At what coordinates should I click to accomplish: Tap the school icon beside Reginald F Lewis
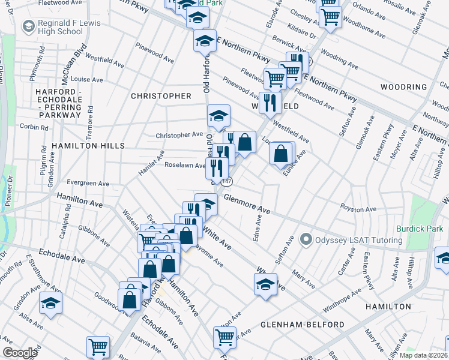[28, 26]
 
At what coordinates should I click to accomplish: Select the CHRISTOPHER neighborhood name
[161, 96]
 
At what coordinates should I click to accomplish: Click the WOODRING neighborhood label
[403, 87]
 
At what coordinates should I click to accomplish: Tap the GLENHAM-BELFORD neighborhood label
[303, 325]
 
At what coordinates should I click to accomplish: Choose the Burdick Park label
[419, 229]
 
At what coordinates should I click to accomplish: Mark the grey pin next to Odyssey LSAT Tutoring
[306, 241]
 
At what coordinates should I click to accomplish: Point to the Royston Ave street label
[358, 209]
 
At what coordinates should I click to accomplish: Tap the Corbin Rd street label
[34, 127]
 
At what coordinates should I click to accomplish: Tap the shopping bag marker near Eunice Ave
[282, 154]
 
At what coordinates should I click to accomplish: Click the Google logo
[20, 353]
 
